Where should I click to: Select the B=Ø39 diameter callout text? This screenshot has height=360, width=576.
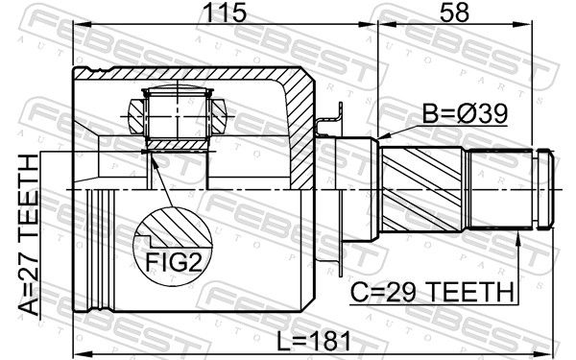pyautogui.click(x=465, y=114)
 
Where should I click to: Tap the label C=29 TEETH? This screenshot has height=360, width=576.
pyautogui.click(x=432, y=292)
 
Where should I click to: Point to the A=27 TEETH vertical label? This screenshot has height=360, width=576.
pyautogui.click(x=28, y=235)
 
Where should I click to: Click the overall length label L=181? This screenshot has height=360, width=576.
pyautogui.click(x=313, y=341)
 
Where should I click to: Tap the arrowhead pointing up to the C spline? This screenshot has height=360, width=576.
pyautogui.click(x=518, y=239)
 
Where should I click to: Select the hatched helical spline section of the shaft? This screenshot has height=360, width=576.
pyautogui.click(x=421, y=189)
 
